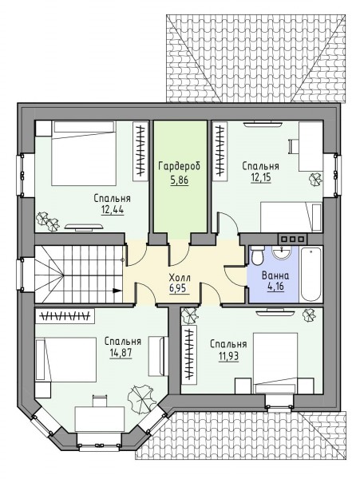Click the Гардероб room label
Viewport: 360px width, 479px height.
click(x=180, y=167)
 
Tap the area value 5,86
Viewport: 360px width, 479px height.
click(x=180, y=180)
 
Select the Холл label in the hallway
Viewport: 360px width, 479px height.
click(x=180, y=278)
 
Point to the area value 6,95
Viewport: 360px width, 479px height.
click(x=180, y=288)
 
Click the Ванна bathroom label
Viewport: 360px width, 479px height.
click(x=275, y=276)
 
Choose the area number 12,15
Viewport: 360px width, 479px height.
click(x=261, y=177)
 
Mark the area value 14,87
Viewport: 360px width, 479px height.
click(x=121, y=353)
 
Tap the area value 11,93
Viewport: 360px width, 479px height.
click(x=229, y=355)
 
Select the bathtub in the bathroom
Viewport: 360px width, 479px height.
click(x=311, y=274)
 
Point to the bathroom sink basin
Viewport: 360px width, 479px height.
click(x=281, y=252)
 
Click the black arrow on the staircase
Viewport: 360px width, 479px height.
click(x=117, y=291)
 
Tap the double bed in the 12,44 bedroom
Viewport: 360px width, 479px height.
click(x=84, y=153)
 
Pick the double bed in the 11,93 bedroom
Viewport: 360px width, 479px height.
click(x=275, y=363)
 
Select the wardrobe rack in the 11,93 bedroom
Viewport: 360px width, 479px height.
click(x=189, y=354)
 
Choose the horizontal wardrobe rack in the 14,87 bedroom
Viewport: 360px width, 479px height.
click(x=65, y=316)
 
